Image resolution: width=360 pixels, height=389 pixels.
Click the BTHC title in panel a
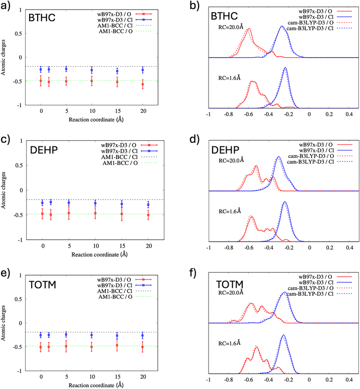pyautogui.click(x=42, y=18)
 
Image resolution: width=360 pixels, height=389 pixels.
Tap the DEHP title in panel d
pyautogui.click(x=225, y=150)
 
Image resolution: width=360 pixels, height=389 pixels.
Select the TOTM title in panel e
pyautogui.click(x=43, y=285)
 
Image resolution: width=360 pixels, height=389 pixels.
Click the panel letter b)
pyautogui.click(x=195, y=6)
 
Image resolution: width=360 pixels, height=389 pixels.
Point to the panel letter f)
pyautogui.click(x=193, y=273)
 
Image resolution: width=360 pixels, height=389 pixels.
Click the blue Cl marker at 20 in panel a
pyautogui.click(x=143, y=70)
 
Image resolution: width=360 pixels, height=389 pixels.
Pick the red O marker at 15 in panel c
pyautogui.click(x=122, y=214)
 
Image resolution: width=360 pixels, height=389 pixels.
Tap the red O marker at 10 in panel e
pyautogui.click(x=92, y=347)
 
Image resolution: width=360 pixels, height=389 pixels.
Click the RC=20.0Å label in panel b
pyautogui.click(x=231, y=27)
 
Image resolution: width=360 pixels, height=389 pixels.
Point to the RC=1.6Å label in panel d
pyautogui.click(x=230, y=212)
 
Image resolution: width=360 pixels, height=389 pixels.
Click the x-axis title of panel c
pyautogui.click(x=99, y=255)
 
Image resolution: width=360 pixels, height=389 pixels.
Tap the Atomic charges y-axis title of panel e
pyautogui.click(x=3, y=323)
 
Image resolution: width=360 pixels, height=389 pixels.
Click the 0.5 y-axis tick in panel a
pyautogui.click(x=18, y=34)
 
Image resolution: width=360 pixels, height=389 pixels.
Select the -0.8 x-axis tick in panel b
pyautogui.click(x=228, y=114)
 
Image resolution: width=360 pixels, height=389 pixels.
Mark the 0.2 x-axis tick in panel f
pyautogui.click(x=329, y=379)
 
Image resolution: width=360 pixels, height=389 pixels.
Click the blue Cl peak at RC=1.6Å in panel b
pyautogui.click(x=285, y=68)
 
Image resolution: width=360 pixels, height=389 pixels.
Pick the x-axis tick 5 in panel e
pyautogui.click(x=67, y=376)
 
